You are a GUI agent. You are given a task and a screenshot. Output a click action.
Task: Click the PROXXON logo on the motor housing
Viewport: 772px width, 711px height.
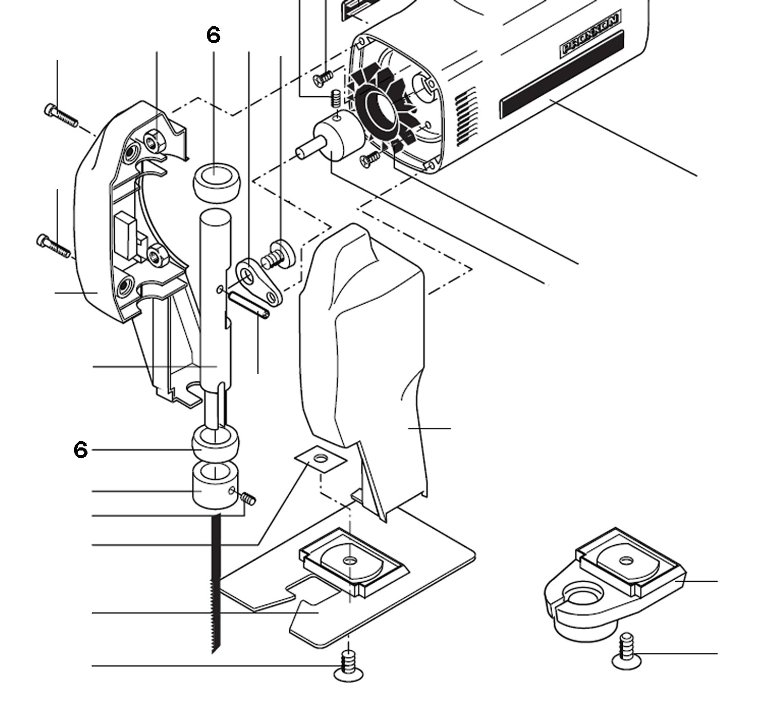[590, 36]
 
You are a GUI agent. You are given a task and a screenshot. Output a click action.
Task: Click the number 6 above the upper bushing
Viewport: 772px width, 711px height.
[213, 35]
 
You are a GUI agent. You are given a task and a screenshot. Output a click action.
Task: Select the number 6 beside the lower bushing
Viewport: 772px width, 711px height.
[81, 450]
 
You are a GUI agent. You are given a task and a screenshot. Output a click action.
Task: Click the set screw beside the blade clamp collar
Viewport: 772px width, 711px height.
[249, 498]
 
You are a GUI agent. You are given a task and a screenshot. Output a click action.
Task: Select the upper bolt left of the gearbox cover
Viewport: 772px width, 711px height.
[61, 115]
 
